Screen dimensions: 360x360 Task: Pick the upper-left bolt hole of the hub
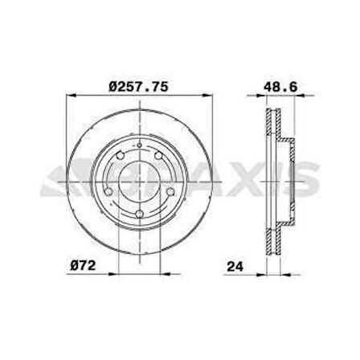[119, 157]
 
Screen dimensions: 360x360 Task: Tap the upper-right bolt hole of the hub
[157, 157]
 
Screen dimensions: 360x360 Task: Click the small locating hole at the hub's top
[138, 146]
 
